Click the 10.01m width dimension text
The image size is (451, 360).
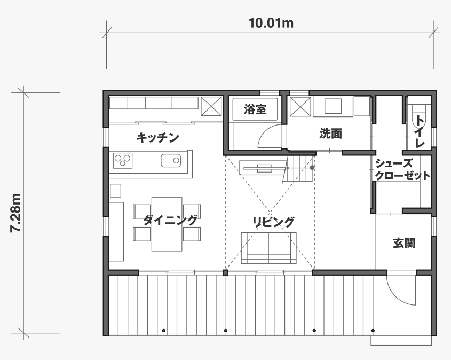point(271,23)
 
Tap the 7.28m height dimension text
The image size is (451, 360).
point(15,213)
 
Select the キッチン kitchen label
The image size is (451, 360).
point(157,138)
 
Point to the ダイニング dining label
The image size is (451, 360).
point(170,221)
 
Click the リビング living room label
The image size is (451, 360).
point(273,222)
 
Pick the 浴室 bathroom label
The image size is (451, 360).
point(255,109)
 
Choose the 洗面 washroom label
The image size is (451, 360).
point(330,134)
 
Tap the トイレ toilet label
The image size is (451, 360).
point(420,132)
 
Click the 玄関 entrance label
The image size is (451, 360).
point(404,243)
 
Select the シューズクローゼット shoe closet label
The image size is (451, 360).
point(402,169)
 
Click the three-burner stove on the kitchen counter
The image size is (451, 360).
point(123,161)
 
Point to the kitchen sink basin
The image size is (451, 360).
point(171,161)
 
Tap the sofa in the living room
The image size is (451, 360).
point(268,248)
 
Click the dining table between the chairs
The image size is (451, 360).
point(167,224)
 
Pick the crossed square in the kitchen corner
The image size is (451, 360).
point(211,106)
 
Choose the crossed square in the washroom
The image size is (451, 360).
point(300,107)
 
